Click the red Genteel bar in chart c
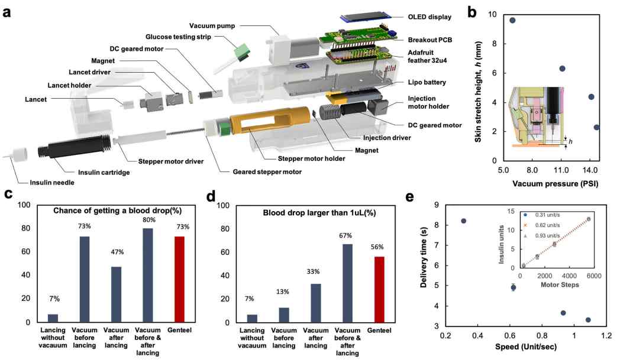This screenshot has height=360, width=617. pos(179,279)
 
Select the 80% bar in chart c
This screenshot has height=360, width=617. pos(147,275)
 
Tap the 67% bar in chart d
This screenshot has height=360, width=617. pos(347,283)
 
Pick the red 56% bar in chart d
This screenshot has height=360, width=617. pos(379,289)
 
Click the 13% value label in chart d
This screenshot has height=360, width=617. pos(283,291)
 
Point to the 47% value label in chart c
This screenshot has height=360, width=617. pos(117,252)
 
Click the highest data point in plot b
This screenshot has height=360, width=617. pos(512,21)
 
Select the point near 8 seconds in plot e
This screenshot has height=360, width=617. pos(464,221)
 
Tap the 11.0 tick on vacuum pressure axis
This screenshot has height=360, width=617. pos(561,170)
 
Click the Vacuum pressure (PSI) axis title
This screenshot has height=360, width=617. pos(555,183)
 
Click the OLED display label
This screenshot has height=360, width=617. pos(429,17)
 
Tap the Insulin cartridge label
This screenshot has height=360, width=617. pos(104,172)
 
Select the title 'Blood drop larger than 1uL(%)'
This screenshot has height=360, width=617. pos(319,213)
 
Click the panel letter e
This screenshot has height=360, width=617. pos(409,196)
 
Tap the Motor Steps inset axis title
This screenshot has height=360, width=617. pos(560,284)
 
